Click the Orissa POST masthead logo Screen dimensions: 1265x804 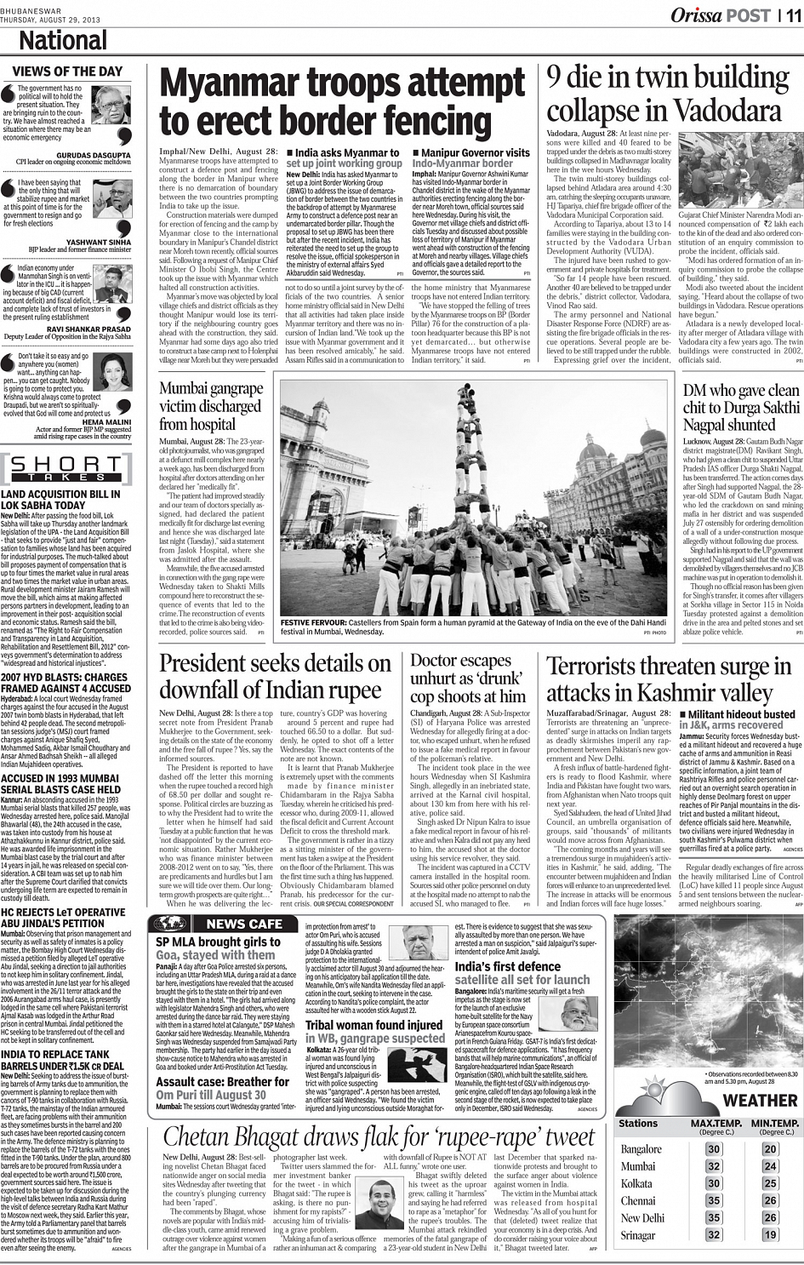721,14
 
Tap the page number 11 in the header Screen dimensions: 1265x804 792,14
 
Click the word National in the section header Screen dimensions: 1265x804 63,41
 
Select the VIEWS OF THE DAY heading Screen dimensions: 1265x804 67,72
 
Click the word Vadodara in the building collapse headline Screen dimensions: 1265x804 727,112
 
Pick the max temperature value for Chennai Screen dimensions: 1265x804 714,1200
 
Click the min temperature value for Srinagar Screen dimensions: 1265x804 770,1234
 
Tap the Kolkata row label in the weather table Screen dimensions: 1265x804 636,1183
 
